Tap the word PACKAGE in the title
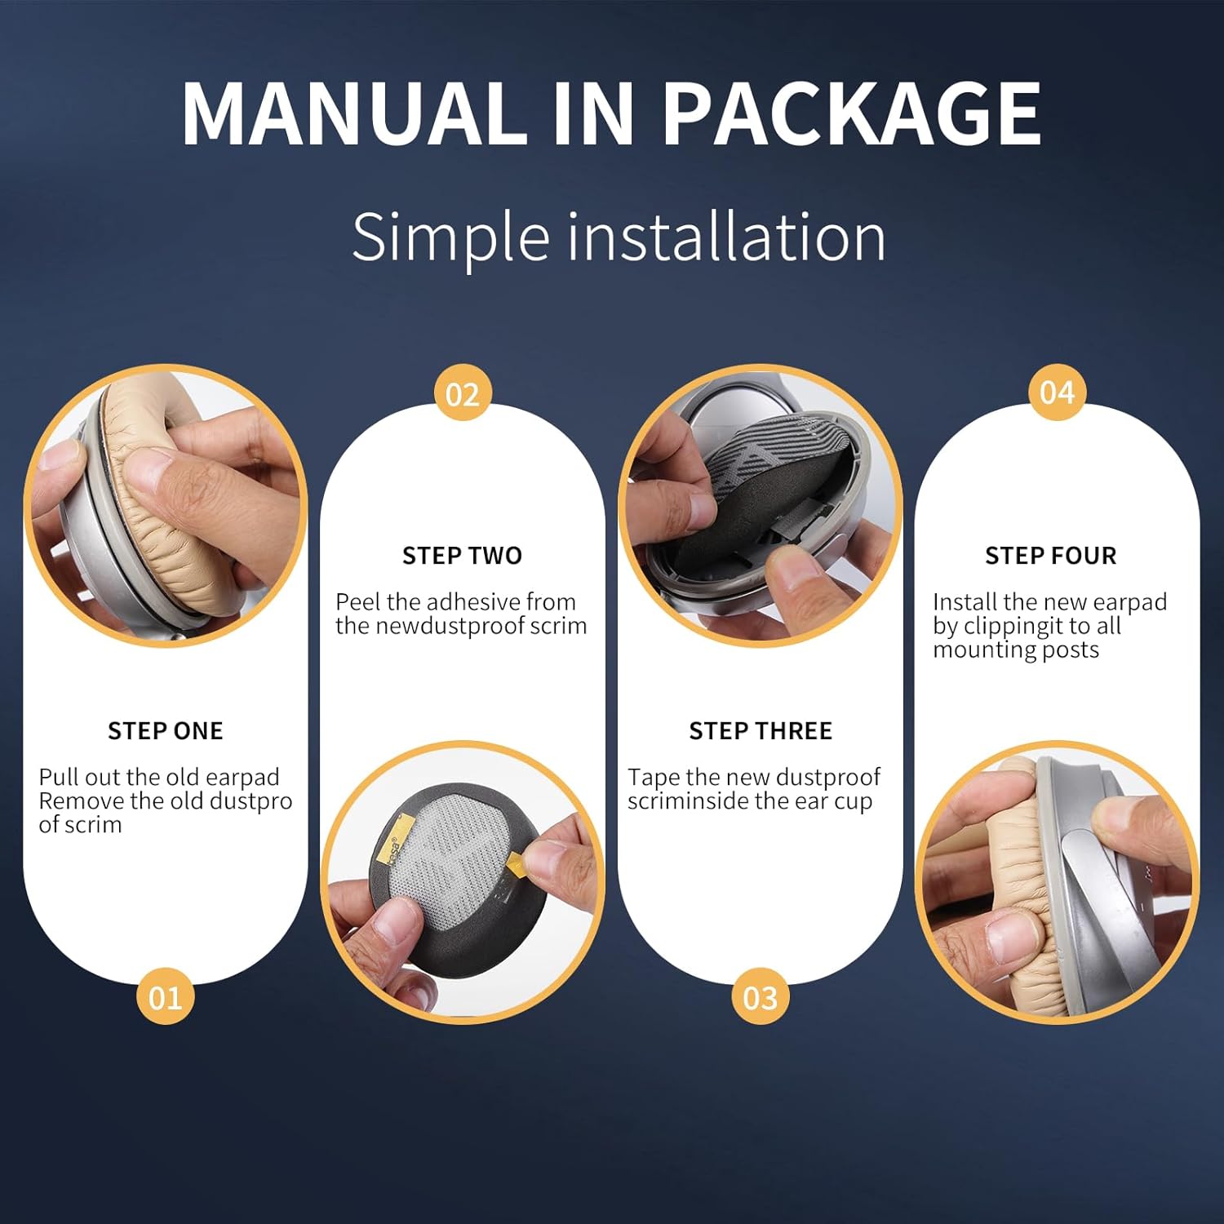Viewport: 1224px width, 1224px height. (x=852, y=113)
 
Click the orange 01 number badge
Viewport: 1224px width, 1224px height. (x=166, y=996)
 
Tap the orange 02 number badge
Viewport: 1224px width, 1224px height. (x=463, y=393)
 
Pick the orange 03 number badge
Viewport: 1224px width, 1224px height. (x=761, y=996)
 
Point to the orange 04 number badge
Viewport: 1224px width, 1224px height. (x=1057, y=392)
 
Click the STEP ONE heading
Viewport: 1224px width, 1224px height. (x=166, y=730)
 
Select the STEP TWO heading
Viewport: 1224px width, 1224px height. (x=462, y=556)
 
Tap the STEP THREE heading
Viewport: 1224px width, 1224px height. (x=761, y=730)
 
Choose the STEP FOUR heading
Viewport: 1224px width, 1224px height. (x=1051, y=556)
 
